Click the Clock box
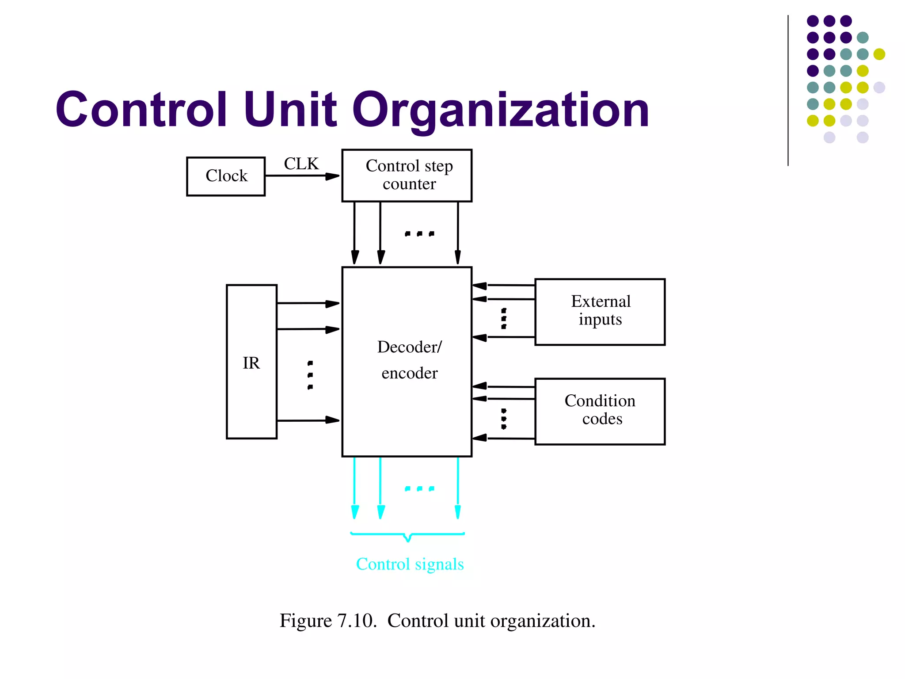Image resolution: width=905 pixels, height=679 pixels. [x=226, y=176]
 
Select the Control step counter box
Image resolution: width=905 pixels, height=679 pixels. [x=407, y=175]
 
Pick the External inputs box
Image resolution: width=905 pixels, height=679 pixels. [x=600, y=312]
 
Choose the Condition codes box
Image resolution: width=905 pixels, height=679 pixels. [x=600, y=411]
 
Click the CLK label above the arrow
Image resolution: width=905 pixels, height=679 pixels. [x=301, y=164]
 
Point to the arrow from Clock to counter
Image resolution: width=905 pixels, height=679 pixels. [x=303, y=176]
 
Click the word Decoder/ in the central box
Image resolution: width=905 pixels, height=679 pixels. [x=409, y=347]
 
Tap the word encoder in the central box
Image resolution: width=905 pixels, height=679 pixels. [x=409, y=373]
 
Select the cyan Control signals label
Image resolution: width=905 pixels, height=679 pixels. [x=410, y=565]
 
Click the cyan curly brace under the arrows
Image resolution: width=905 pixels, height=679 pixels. [x=407, y=536]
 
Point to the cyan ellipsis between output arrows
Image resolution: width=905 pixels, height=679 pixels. [x=419, y=488]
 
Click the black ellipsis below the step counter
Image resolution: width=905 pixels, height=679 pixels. [x=419, y=233]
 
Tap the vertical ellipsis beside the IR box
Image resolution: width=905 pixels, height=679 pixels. [x=310, y=375]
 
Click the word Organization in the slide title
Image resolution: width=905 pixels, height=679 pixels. [x=500, y=110]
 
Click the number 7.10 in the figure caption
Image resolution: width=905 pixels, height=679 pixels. [x=357, y=621]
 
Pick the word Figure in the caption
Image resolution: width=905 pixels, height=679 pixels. [x=305, y=621]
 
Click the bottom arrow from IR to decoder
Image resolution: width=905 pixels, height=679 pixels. [x=308, y=420]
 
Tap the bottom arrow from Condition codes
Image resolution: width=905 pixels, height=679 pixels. [x=503, y=438]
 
